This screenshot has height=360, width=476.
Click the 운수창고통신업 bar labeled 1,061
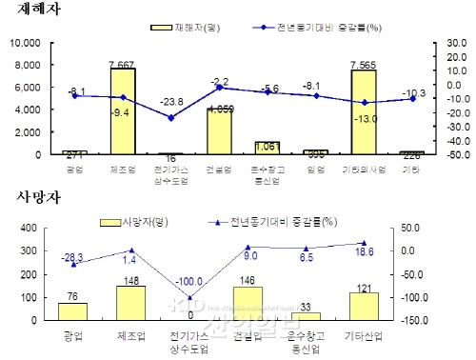point(268,148)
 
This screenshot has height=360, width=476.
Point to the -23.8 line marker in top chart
point(170,118)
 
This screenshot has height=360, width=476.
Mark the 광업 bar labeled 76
point(72,311)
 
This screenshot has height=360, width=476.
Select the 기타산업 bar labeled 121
point(364,307)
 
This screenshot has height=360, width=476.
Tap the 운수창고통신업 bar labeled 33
point(306,316)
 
